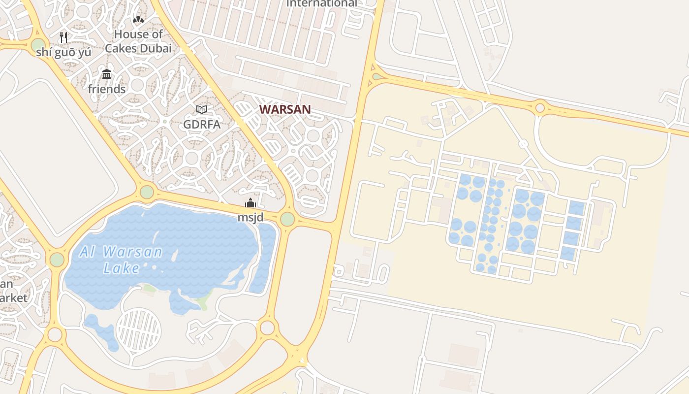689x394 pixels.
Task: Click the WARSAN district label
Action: tap(285, 109)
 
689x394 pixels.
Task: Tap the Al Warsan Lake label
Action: tap(121, 260)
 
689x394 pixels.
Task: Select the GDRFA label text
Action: tap(202, 125)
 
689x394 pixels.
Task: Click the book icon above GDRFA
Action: tap(202, 109)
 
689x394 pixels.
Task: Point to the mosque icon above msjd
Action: tap(251, 203)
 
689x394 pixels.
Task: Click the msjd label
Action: tap(251, 217)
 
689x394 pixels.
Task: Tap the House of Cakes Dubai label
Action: tap(138, 41)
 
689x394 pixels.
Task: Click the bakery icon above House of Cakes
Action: tap(138, 20)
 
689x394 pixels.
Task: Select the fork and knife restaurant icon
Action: tap(63, 37)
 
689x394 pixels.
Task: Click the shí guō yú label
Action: tap(63, 52)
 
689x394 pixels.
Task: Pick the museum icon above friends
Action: tap(107, 74)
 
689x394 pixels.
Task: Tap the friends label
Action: tap(107, 89)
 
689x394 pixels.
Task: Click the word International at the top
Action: tap(322, 3)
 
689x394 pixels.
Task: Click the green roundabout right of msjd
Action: tap(287, 219)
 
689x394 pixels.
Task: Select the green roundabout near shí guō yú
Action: tap(38, 45)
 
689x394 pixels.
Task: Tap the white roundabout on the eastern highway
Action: tap(540, 107)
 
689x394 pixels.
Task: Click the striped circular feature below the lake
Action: tap(139, 329)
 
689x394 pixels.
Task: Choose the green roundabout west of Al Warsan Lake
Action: tap(57, 260)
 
